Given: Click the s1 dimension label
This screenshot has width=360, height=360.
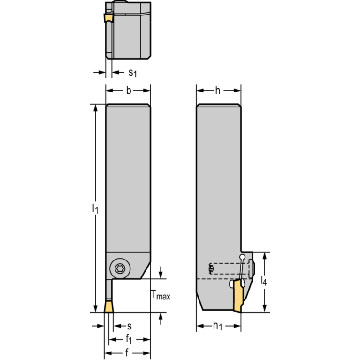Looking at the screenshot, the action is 132,73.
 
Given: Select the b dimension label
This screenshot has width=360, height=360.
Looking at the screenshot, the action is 129,91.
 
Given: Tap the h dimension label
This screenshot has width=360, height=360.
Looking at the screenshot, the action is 218,91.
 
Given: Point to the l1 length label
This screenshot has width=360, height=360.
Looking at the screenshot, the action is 95,208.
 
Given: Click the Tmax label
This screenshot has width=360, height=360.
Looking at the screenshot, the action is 161,295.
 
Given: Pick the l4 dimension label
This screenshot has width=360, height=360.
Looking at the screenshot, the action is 264,281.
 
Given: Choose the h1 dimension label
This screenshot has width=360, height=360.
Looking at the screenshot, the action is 217,326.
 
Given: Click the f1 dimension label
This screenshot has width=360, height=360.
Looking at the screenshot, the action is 129,339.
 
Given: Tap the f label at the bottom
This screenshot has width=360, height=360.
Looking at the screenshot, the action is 127,352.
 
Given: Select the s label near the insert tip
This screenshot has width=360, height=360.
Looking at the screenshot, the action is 130,326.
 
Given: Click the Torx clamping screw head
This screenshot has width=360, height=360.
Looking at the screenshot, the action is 120,268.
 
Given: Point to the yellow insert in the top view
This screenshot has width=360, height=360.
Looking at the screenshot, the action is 108,18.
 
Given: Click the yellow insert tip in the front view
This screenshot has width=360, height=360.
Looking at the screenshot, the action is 108,306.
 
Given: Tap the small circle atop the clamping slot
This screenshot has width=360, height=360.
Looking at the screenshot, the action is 242,257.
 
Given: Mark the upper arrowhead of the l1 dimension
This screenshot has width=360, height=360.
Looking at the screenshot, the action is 95,108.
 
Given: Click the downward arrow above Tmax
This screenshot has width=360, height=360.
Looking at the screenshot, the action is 161,272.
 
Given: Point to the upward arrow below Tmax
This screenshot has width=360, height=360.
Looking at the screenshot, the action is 161,319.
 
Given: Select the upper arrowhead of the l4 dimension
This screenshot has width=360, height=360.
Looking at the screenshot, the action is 265,256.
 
